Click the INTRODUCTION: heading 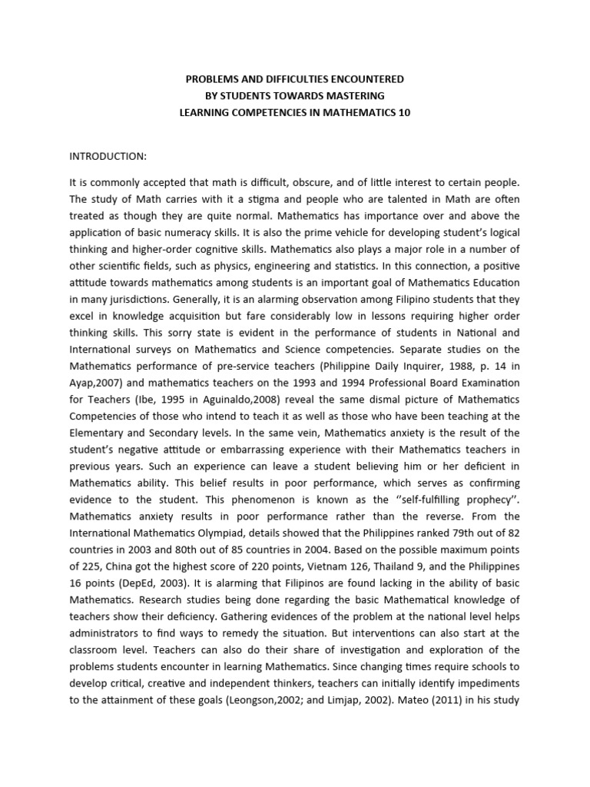point(108,156)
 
